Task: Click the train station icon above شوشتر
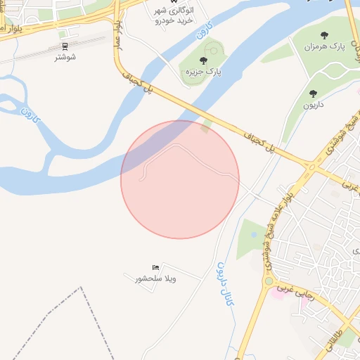[x=65, y=47]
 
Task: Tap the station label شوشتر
[x=65, y=57]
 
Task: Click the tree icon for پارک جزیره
[x=203, y=60]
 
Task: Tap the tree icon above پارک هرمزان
[x=324, y=35]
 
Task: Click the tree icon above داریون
[x=313, y=94]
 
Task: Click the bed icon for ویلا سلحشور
[x=156, y=267]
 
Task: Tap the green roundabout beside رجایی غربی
[x=268, y=281]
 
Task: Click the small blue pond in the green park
[x=254, y=234]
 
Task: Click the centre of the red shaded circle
[x=180, y=179]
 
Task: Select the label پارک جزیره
[x=199, y=72]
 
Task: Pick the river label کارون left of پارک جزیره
[x=203, y=32]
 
